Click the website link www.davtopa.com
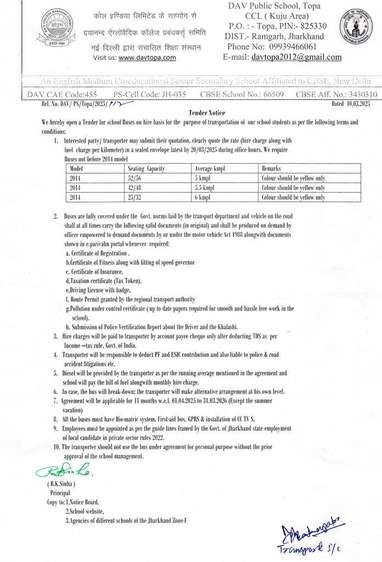147,57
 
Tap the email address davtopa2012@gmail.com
296,57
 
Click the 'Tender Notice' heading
191,111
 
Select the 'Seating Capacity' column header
147,168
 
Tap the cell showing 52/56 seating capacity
135,178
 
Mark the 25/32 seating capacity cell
135,197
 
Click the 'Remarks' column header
272,168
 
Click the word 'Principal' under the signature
60,493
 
